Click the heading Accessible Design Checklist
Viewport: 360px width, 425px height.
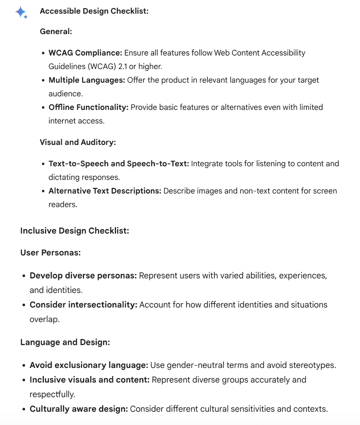point(94,11)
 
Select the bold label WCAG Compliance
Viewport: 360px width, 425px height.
point(85,53)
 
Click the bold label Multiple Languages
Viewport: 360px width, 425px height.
point(87,80)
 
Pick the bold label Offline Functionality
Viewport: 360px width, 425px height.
point(88,107)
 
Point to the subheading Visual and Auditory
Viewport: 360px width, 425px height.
point(77,142)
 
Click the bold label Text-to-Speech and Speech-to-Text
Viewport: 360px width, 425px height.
point(119,164)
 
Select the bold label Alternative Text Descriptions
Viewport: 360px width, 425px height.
point(105,191)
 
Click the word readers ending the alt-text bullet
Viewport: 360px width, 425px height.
point(63,204)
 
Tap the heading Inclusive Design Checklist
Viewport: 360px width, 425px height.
point(74,231)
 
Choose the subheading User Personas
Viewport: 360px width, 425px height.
point(50,253)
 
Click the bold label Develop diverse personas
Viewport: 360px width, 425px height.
point(83,276)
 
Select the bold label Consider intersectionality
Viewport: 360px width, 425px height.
point(84,305)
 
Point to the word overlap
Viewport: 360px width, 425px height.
point(44,319)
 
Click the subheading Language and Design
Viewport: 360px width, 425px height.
point(65,342)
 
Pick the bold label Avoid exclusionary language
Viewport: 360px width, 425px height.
point(89,365)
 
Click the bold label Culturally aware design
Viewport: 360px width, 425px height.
point(79,408)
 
